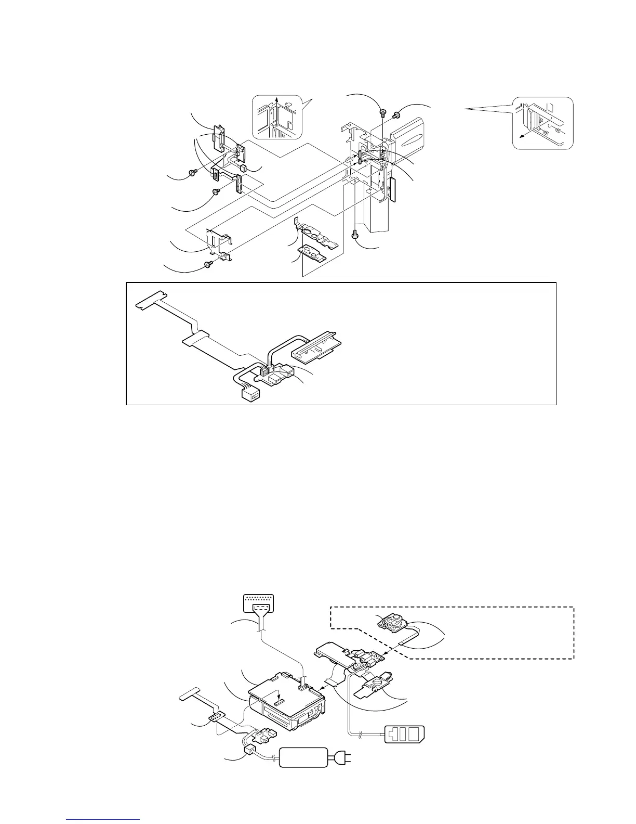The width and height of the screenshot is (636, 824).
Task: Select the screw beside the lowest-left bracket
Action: tap(208, 265)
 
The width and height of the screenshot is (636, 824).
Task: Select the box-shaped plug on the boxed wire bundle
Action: tap(250, 395)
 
